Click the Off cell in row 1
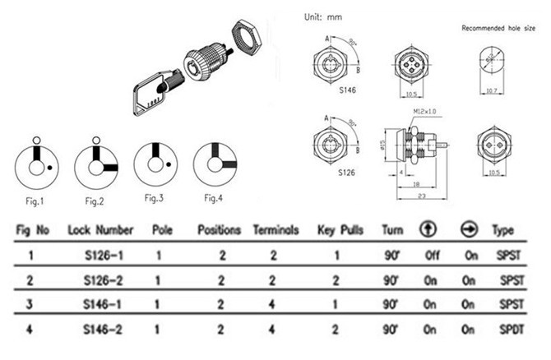tap(429, 255)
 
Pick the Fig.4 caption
tap(214, 198)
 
